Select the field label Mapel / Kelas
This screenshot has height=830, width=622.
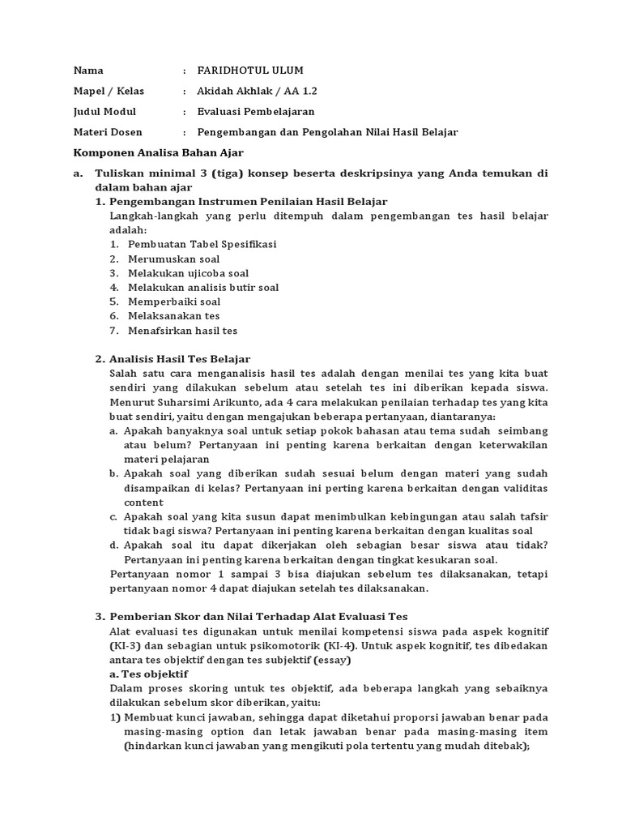109,91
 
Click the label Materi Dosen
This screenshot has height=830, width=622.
109,131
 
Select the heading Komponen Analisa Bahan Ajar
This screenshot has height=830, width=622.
158,152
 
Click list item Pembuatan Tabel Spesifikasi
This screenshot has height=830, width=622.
202,244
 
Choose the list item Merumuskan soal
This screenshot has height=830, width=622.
173,259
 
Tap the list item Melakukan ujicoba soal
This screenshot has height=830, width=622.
188,273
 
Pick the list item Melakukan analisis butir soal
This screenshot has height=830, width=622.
203,287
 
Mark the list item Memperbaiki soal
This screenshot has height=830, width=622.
174,302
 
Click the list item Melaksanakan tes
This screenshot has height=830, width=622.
173,316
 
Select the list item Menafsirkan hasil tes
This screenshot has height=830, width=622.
182,331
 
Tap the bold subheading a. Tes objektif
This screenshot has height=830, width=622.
148,674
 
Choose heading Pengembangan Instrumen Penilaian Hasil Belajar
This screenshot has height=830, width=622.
248,201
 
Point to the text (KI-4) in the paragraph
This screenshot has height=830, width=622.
344,646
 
